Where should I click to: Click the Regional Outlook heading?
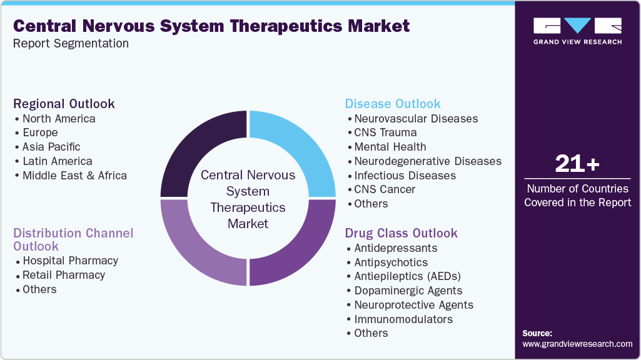tap(64, 104)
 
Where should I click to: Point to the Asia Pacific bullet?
tap(51, 147)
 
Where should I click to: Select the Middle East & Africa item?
tap(74, 176)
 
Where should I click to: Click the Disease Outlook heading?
tap(393, 104)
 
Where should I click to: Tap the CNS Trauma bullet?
tap(385, 132)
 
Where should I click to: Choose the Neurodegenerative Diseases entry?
tap(428, 161)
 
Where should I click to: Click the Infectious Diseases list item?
tap(405, 176)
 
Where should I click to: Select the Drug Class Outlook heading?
tap(401, 233)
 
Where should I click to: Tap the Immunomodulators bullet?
tap(403, 319)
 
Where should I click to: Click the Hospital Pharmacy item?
tap(70, 261)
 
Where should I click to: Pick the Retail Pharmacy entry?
tap(64, 275)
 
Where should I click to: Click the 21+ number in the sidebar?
tap(577, 164)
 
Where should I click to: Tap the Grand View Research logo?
tap(577, 31)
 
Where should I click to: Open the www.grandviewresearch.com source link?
tap(577, 344)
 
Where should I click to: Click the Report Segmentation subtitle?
tap(71, 44)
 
